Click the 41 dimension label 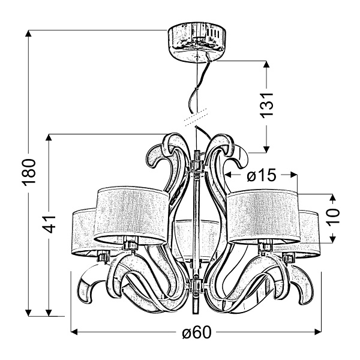49,224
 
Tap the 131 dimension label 267,106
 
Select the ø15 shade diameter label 262,176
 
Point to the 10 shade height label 334,217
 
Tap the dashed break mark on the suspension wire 196,118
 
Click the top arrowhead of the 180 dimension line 28,34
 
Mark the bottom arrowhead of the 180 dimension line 28,313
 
